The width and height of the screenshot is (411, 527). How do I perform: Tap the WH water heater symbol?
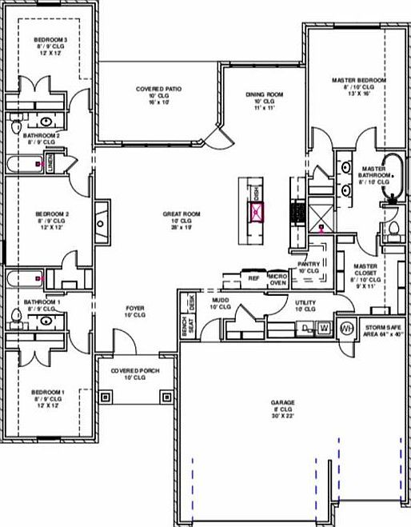tap(346, 328)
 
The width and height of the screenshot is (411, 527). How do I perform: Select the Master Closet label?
tap(366, 271)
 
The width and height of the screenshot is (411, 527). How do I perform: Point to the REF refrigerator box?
tap(253, 278)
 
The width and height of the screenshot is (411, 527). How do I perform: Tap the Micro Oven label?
tap(277, 277)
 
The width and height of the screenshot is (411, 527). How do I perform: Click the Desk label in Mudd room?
tap(192, 301)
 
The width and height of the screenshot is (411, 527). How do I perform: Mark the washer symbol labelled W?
tap(325, 327)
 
